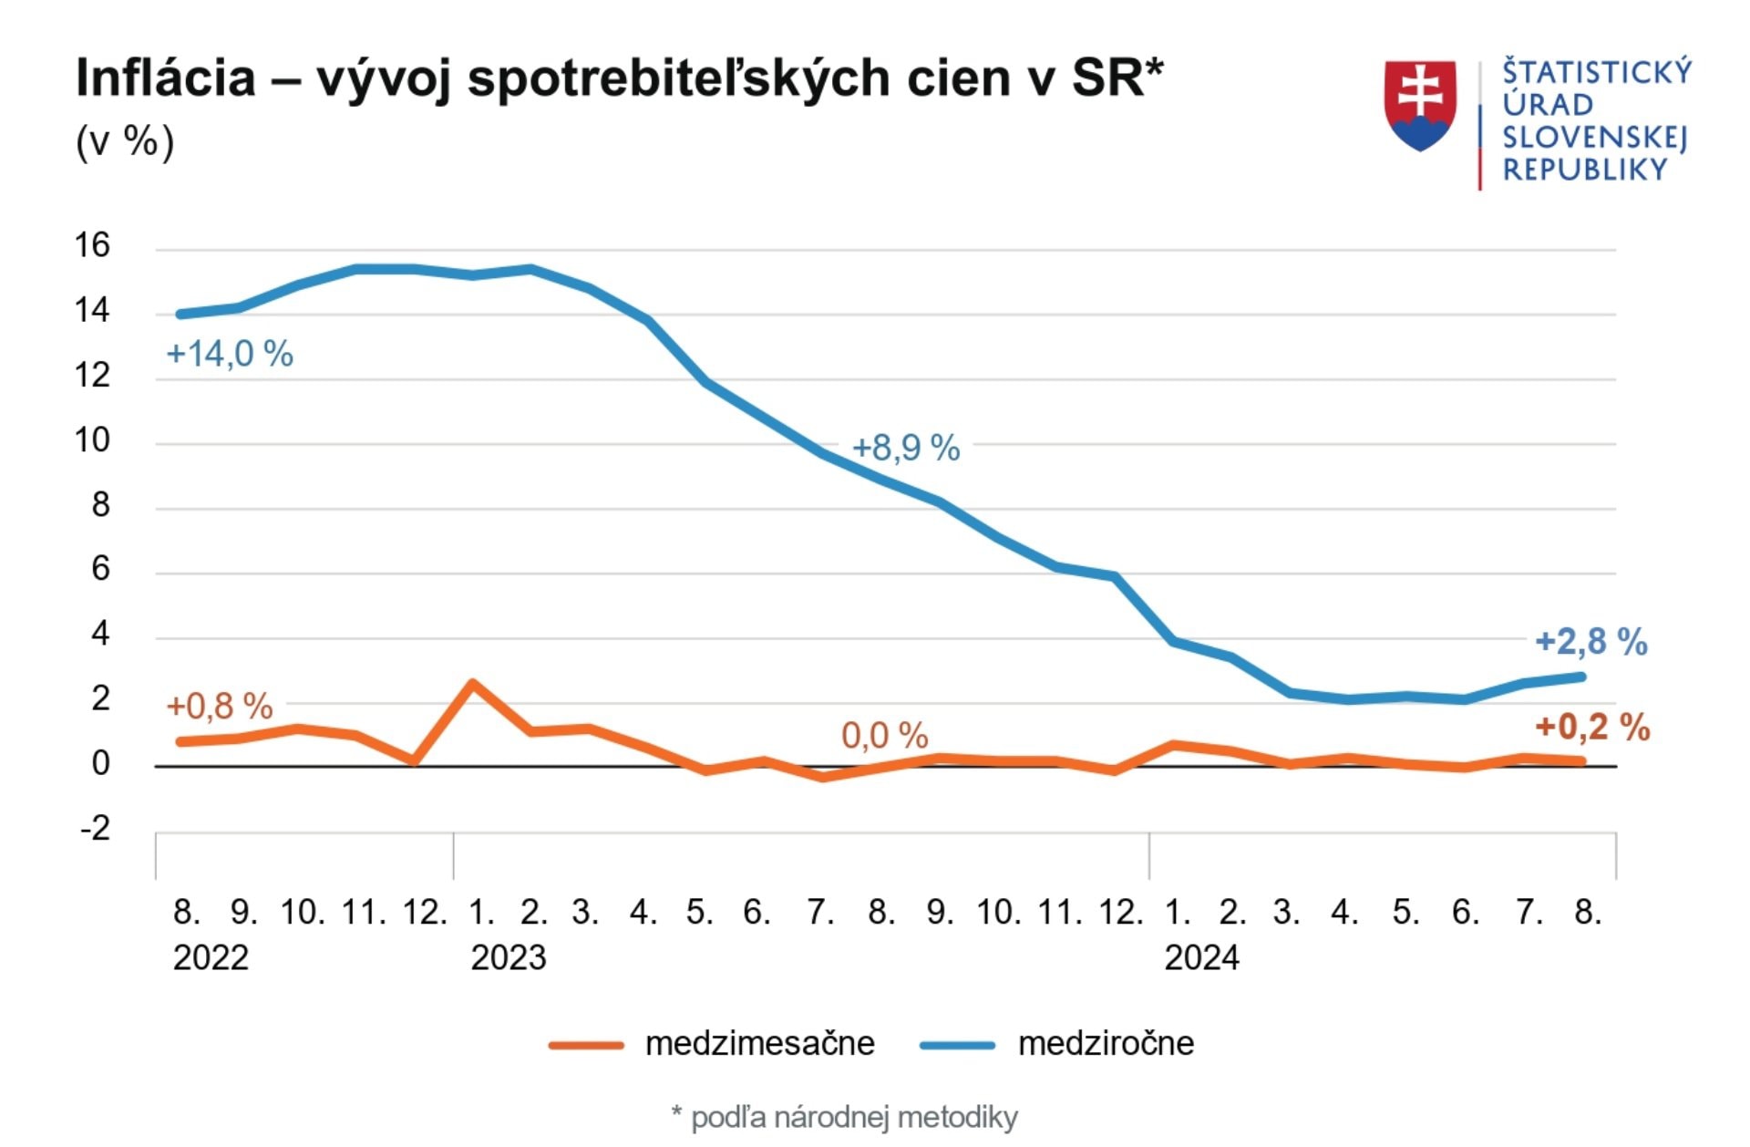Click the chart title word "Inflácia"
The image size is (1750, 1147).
tap(165, 78)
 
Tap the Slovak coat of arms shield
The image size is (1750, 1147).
tap(1419, 105)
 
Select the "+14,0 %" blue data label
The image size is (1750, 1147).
tap(230, 354)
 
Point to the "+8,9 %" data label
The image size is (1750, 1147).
tap(906, 448)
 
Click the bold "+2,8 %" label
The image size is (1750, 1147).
tap(1591, 642)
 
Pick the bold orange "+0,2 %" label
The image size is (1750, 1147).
tap(1592, 728)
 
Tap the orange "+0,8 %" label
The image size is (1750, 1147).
tap(220, 706)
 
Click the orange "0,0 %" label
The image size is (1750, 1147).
tap(884, 735)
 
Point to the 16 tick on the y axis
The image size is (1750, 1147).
tap(92, 245)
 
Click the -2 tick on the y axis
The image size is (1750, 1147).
tap(95, 828)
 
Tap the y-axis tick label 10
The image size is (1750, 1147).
tap(92, 440)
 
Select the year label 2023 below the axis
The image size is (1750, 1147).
tap(508, 958)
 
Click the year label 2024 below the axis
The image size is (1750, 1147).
tap(1201, 958)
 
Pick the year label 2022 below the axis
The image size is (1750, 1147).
tap(211, 958)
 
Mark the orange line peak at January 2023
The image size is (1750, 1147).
tap(473, 683)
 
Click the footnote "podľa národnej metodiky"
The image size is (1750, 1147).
tap(854, 1117)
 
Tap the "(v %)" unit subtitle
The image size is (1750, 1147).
tap(125, 142)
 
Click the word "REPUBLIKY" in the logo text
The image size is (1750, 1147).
tap(1584, 170)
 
